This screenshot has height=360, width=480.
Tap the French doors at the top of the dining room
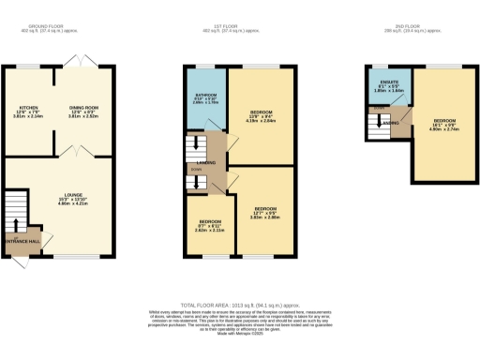click(x=85, y=58)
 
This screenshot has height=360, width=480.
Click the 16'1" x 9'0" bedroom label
click(x=446, y=121)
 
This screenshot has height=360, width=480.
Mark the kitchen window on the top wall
click(x=28, y=66)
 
